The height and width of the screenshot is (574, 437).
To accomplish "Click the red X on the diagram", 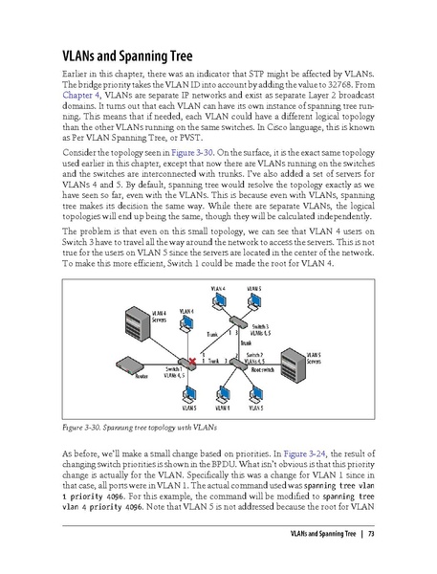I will click(192, 363).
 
